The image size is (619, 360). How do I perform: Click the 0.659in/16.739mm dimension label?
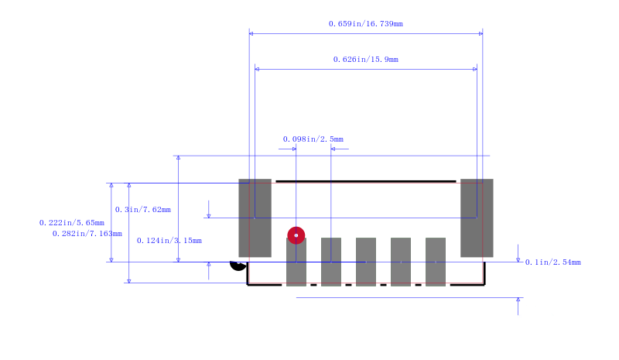pos(365,24)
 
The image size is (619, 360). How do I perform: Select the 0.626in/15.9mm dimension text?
pos(365,60)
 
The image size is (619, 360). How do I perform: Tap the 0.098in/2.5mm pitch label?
pos(313,139)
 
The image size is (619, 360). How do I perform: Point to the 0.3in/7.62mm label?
pos(143,210)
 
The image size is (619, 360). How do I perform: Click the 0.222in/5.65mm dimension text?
pos(72,223)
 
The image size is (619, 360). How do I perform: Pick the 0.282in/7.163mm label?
pos(87,234)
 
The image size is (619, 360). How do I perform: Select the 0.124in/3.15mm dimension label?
pos(169,240)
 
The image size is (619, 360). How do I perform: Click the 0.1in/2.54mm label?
pos(552,262)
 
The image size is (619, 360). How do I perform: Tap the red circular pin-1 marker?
pos(296,235)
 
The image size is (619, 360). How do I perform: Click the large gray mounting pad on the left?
pos(255,218)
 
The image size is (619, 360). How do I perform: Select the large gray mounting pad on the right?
pos(477,218)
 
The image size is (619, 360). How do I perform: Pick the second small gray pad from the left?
pos(331,262)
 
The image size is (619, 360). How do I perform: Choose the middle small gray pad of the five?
pos(366,262)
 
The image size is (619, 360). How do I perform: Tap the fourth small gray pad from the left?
pos(401,262)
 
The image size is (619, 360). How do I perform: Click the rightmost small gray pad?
pos(436,262)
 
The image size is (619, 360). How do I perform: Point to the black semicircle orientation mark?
pos(238,267)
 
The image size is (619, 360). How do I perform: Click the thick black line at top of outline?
pos(366,181)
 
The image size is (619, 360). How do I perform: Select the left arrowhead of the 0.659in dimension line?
pos(251,33)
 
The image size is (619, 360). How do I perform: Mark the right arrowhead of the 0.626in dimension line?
pos(475,69)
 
